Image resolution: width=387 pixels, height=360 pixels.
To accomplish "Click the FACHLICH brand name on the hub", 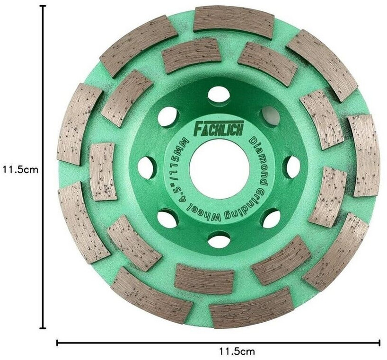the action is point(219,128).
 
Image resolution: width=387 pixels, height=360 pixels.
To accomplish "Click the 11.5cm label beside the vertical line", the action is point(20,169).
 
